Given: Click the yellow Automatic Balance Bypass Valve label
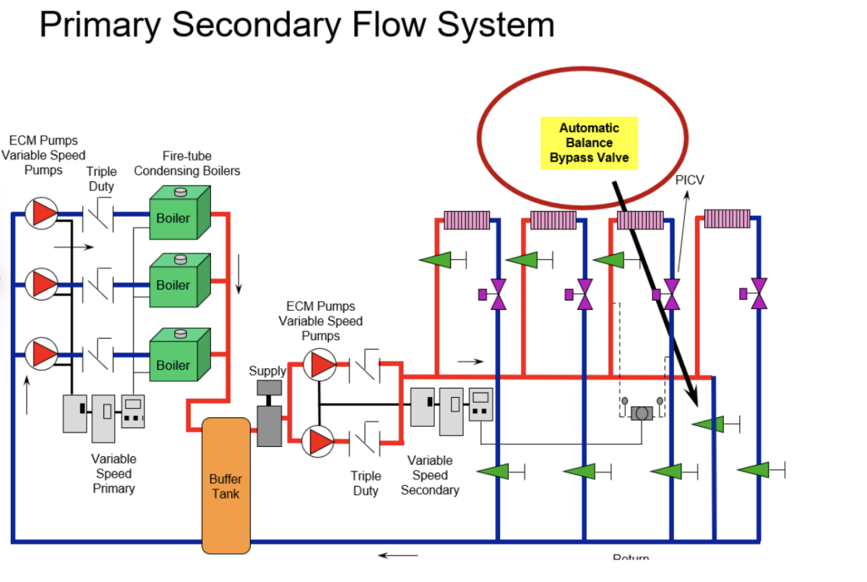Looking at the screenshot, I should [589, 143].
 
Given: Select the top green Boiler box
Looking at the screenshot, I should [178, 214].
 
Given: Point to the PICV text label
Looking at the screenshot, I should [689, 180].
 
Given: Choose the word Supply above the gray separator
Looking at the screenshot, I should [267, 371].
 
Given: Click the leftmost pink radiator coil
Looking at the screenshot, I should [466, 220].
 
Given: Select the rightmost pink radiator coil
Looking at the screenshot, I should [727, 219].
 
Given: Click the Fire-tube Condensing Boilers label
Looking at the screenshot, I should [187, 163].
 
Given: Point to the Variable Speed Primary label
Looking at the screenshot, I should [113, 474].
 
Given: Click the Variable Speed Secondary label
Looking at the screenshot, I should [430, 475].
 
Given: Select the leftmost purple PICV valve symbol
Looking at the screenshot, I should [496, 294].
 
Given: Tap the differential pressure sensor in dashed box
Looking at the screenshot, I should [641, 413].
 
